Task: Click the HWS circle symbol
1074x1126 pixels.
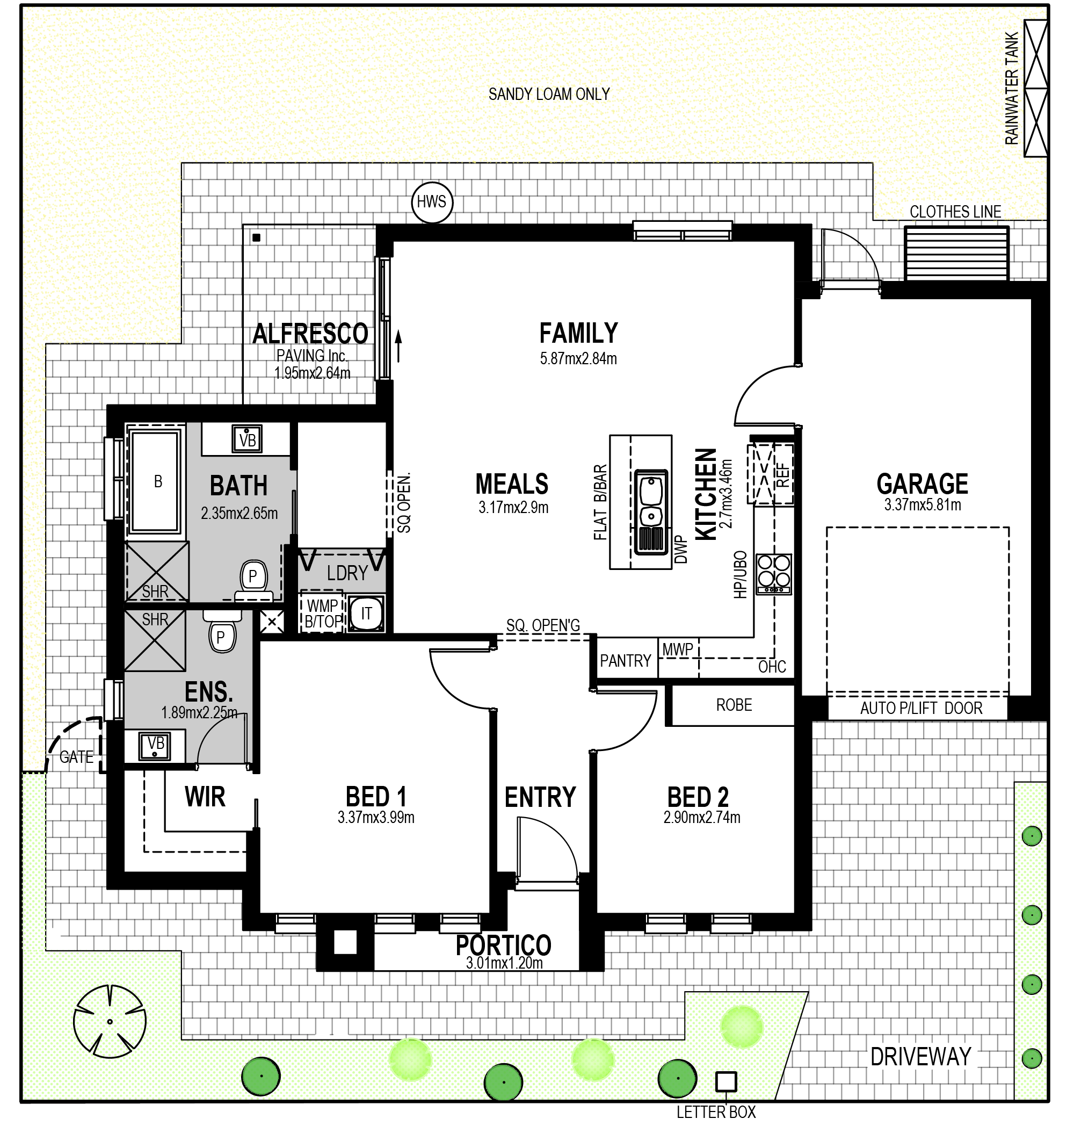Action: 432,202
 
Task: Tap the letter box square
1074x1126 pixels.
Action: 726,1081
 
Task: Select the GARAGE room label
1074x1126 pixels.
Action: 922,484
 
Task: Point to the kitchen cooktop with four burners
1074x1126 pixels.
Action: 773,574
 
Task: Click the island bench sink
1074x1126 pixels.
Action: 651,512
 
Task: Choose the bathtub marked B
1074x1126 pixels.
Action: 156,482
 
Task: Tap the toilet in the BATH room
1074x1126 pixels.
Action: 253,580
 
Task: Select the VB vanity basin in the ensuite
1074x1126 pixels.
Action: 155,746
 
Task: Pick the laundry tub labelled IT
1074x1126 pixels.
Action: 366,613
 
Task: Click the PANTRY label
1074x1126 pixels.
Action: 625,661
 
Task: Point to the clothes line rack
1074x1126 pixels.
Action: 956,253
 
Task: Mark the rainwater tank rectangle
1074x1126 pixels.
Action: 1036,88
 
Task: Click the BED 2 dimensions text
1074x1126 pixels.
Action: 702,817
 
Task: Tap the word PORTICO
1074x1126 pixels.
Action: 503,945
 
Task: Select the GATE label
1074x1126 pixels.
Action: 76,757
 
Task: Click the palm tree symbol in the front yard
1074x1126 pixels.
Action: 110,1022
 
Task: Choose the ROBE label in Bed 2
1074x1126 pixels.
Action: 734,705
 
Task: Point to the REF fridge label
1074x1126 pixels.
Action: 782,475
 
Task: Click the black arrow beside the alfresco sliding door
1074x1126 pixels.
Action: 398,346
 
